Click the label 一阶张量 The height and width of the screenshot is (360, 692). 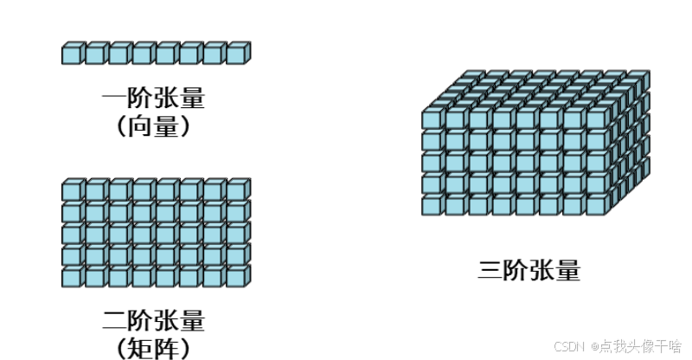pyautogui.click(x=153, y=97)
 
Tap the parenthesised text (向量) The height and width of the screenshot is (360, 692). pyautogui.click(x=153, y=126)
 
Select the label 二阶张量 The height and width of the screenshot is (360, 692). pyautogui.click(x=153, y=321)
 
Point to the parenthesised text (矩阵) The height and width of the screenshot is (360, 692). pyautogui.click(x=153, y=348)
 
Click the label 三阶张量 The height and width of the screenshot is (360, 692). pyautogui.click(x=529, y=270)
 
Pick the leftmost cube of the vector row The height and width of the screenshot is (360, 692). pyautogui.click(x=72, y=54)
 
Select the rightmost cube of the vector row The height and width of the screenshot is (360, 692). pyautogui.click(x=236, y=54)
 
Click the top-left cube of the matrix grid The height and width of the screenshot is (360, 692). pyautogui.click(x=72, y=190)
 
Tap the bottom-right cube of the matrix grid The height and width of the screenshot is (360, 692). pyautogui.click(x=236, y=277)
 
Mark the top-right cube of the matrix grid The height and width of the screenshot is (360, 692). pyautogui.click(x=236, y=190)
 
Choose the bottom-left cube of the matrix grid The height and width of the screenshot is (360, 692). pyautogui.click(x=72, y=277)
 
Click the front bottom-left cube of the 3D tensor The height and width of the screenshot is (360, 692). pyautogui.click(x=432, y=205)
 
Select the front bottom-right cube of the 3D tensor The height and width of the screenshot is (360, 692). pyautogui.click(x=596, y=205)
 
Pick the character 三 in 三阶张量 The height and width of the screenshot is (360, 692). pyautogui.click(x=490, y=270)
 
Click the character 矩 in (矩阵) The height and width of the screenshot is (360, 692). pyautogui.click(x=142, y=348)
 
